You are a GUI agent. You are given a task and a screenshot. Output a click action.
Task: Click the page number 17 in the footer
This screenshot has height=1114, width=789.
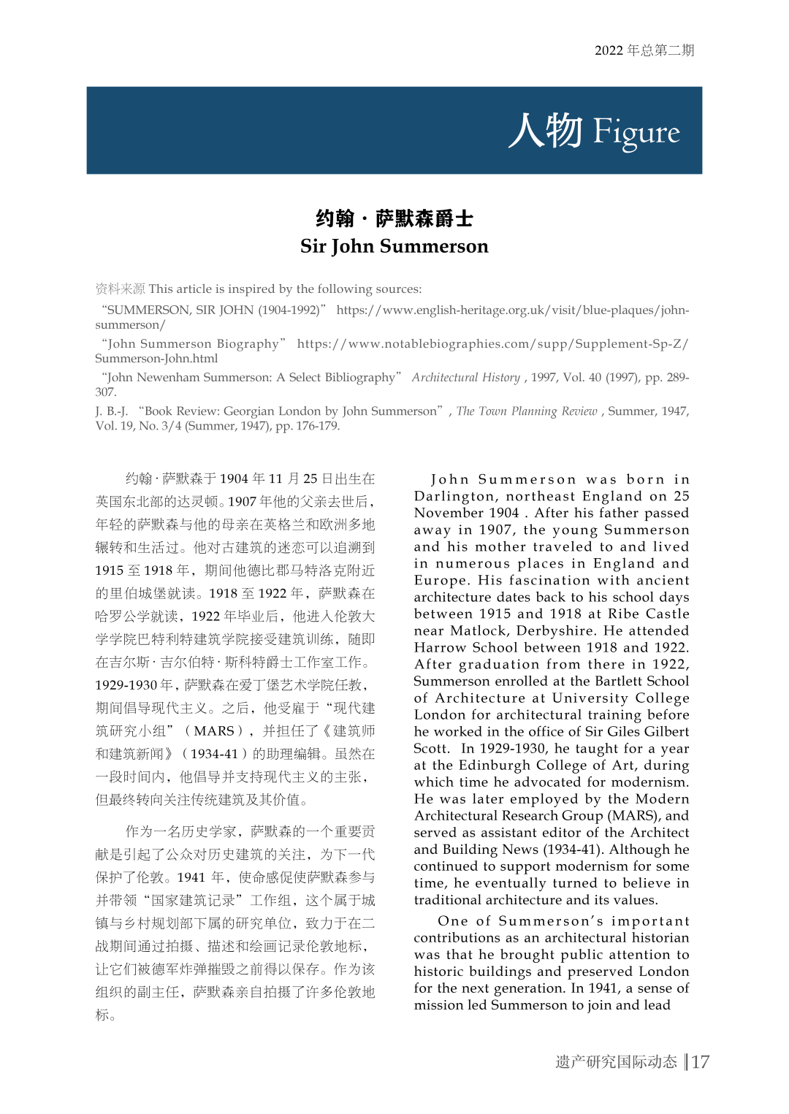tap(701, 1061)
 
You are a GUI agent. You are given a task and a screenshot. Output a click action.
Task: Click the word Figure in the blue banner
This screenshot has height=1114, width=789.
tap(636, 131)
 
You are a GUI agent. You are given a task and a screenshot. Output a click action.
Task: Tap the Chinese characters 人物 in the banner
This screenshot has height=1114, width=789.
tap(546, 131)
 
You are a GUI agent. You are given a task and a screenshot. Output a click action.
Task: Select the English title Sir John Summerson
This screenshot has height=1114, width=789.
tap(394, 246)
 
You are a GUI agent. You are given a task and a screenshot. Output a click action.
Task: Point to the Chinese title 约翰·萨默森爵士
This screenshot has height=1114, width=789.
tap(394, 218)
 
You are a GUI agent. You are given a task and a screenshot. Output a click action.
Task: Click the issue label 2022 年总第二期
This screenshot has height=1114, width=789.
tap(644, 50)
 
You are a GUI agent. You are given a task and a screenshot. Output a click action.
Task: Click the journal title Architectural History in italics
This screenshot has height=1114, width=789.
tap(466, 378)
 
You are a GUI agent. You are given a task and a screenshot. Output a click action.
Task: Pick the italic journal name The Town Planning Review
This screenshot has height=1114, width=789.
tap(527, 411)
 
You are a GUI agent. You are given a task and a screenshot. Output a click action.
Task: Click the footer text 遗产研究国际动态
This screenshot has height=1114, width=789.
tap(616, 1061)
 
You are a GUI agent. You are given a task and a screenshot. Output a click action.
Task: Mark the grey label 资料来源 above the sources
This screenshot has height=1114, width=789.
tap(120, 289)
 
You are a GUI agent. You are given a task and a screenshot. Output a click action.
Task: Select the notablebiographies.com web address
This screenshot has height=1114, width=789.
tap(492, 344)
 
